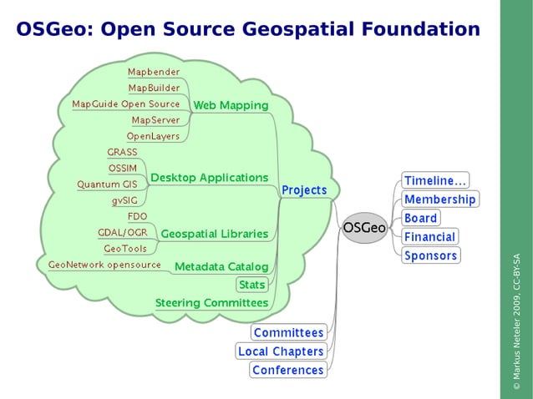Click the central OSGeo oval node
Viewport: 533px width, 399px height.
point(365,227)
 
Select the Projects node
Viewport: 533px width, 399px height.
point(304,190)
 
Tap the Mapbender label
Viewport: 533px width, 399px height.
point(154,72)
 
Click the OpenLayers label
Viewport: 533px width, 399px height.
point(153,136)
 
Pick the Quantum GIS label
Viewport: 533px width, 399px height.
point(107,184)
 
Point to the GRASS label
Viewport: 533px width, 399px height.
point(122,152)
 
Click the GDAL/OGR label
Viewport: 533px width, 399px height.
point(122,232)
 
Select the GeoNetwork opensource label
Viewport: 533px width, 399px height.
point(104,265)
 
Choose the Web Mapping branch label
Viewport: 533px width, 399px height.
point(231,105)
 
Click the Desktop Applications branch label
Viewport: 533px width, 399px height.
point(209,178)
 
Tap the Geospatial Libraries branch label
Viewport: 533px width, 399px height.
point(214,234)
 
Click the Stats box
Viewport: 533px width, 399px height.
point(251,285)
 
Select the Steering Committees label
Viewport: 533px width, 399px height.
point(211,303)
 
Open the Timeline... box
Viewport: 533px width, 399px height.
point(435,180)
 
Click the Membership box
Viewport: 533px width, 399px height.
point(439,199)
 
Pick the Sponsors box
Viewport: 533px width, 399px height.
point(430,255)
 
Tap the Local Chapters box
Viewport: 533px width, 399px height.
point(281,351)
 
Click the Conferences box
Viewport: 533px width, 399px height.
point(287,370)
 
